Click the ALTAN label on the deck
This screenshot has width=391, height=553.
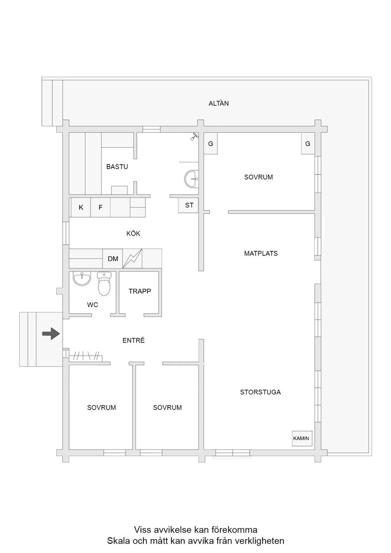[218, 103]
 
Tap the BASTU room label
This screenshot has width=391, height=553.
[117, 167]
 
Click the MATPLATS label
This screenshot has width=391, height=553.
[261, 253]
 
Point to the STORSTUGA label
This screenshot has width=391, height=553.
[260, 392]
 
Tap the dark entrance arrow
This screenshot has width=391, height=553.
[51, 334]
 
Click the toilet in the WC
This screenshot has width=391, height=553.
[104, 283]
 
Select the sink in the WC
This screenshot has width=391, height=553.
[82, 278]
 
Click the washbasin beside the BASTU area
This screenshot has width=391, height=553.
[191, 178]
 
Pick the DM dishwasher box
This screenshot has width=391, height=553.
[112, 259]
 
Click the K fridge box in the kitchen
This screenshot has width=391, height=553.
[81, 207]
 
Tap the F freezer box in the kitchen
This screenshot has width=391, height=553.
[101, 207]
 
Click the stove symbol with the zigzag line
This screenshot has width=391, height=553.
[132, 259]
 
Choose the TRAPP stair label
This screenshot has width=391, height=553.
[140, 291]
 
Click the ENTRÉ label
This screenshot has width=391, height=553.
[134, 340]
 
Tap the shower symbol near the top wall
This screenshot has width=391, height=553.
[194, 136]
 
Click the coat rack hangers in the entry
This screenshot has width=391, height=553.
[86, 356]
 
